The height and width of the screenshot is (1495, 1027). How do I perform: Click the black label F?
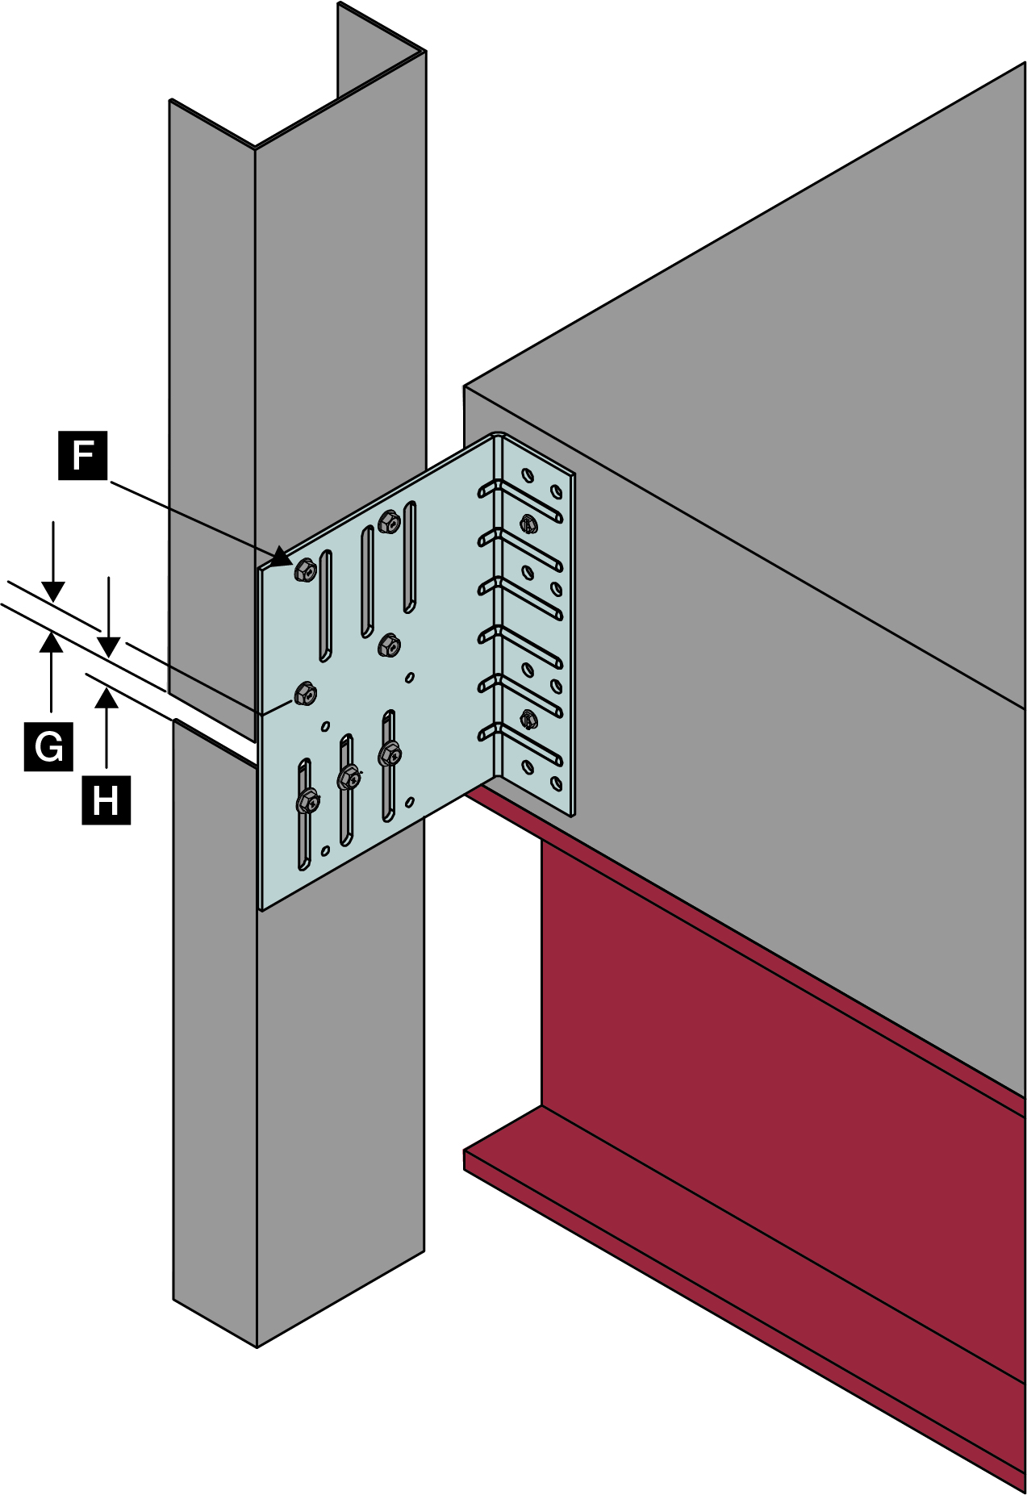[x=82, y=456]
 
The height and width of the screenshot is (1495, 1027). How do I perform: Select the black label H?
[x=106, y=800]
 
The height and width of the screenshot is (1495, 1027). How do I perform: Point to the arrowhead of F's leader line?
[x=282, y=557]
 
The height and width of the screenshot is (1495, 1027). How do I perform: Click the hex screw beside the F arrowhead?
[x=306, y=570]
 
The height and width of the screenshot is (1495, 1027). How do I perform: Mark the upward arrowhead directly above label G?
[x=52, y=642]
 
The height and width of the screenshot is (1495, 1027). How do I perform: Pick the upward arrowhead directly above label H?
[x=106, y=698]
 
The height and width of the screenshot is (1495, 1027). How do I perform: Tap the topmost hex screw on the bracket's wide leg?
[x=390, y=523]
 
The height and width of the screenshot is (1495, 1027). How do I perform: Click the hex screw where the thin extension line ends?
[x=306, y=693]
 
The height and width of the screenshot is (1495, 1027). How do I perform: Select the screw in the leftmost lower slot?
[x=307, y=801]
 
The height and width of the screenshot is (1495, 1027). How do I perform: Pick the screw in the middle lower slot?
[x=349, y=778]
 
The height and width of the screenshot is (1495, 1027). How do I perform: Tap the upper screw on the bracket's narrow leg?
[x=528, y=524]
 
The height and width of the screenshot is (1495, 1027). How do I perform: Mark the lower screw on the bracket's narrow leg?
[x=528, y=717]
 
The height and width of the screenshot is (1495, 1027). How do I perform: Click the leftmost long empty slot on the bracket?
[x=325, y=605]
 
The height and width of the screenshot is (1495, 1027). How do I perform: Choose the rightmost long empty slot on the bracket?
[x=410, y=557]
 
